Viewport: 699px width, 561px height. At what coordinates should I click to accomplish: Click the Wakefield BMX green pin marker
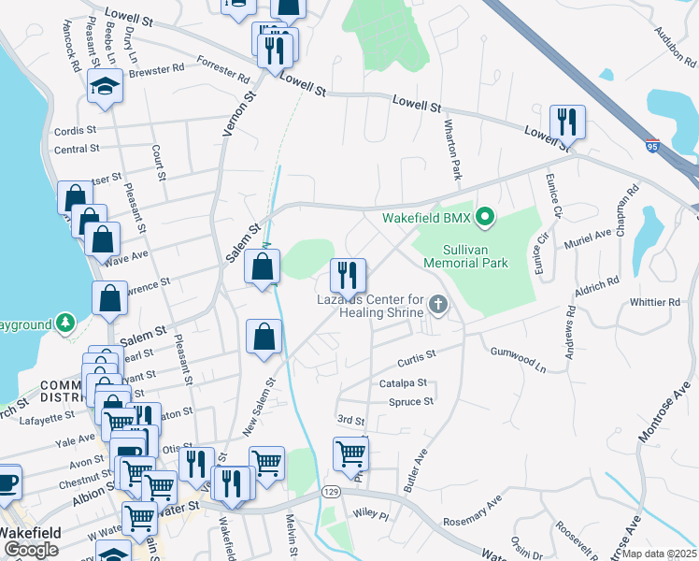(x=484, y=219)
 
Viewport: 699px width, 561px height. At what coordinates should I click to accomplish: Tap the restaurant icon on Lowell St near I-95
(x=567, y=122)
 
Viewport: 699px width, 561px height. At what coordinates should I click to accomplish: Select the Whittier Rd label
(x=655, y=302)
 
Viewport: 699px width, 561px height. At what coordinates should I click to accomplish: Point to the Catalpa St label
(x=403, y=383)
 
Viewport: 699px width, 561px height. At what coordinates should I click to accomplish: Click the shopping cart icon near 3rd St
(x=350, y=453)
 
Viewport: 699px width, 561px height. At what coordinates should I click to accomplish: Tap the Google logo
(x=31, y=549)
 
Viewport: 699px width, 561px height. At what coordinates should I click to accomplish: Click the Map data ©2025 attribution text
(x=659, y=554)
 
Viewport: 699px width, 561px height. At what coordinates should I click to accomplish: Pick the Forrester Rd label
(x=223, y=69)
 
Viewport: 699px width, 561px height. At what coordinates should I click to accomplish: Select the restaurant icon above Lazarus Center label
(x=348, y=275)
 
